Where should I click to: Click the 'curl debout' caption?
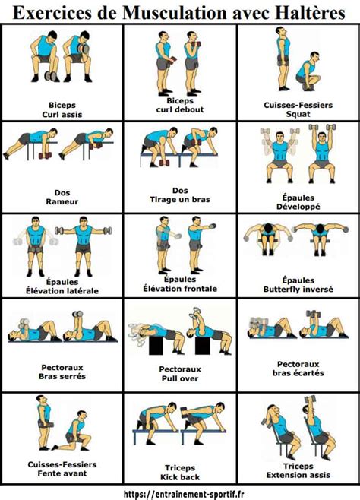click(x=180, y=109)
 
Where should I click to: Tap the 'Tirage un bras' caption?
click(x=180, y=200)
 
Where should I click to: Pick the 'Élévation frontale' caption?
click(x=180, y=288)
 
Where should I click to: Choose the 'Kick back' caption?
click(x=180, y=476)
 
